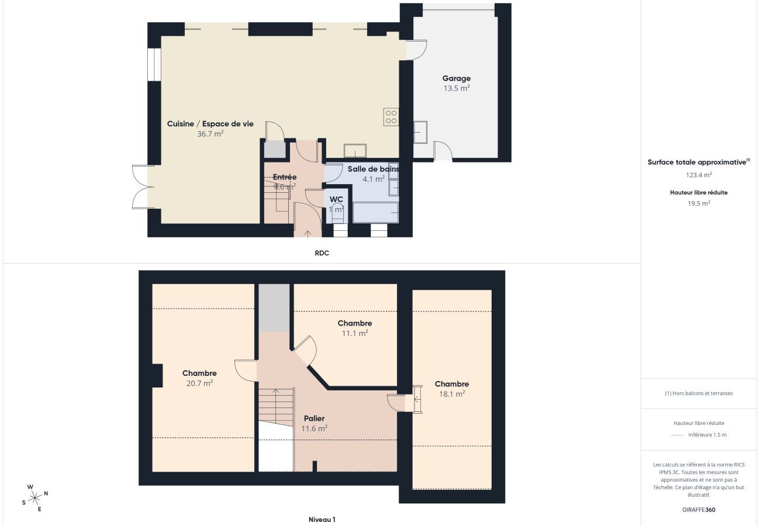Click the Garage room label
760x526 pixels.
(x=456, y=78)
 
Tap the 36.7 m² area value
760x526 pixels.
(x=210, y=134)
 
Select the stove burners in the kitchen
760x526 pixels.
(x=391, y=117)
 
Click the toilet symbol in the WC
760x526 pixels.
(x=337, y=213)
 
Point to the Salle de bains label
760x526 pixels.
(x=373, y=169)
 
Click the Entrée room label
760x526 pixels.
(x=285, y=177)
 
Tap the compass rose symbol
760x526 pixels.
(x=35, y=498)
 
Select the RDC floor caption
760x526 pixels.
(x=322, y=253)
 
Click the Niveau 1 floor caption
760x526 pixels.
(x=322, y=519)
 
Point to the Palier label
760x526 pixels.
(x=314, y=418)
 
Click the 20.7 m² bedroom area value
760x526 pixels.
(x=199, y=383)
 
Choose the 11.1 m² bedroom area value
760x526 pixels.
(x=355, y=334)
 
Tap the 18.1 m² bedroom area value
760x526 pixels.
(x=452, y=394)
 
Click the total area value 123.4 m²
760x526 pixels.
(x=699, y=175)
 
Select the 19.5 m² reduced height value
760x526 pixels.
(x=699, y=203)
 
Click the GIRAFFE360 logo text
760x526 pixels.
(x=699, y=510)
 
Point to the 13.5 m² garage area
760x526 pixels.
(x=456, y=88)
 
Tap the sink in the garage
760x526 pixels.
(x=420, y=132)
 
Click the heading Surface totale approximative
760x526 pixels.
(x=697, y=162)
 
